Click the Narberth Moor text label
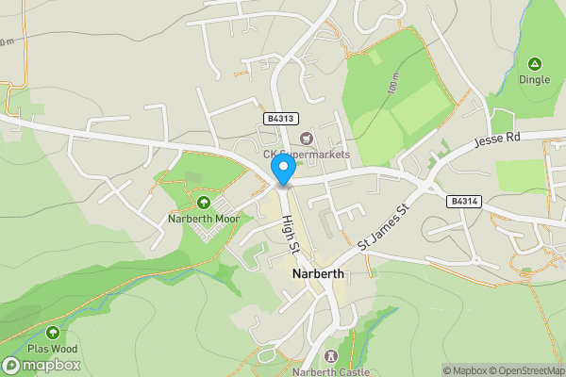pos(204,219)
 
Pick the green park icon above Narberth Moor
pos(203,202)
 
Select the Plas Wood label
pos(52,350)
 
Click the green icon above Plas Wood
pos(53,333)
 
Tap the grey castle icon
pos(330,356)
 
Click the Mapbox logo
pos(42,366)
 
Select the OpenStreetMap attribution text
pos(529,370)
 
